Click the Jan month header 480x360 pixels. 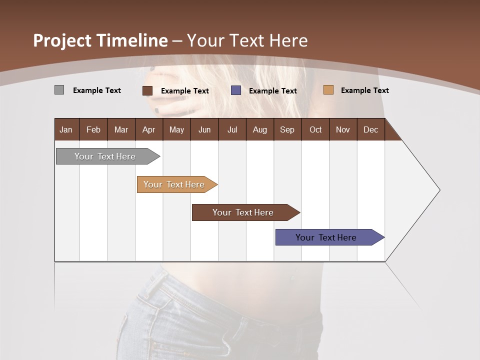click(x=66, y=129)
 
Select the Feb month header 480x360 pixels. click(x=93, y=129)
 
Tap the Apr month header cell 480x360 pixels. click(x=149, y=129)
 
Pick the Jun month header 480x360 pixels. click(x=204, y=129)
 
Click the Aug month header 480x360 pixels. click(x=260, y=129)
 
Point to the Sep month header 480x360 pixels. click(x=287, y=129)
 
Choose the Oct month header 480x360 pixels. click(x=315, y=129)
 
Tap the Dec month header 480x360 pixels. click(x=371, y=129)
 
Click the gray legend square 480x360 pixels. click(x=59, y=90)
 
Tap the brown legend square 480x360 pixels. click(x=147, y=90)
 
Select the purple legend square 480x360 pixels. click(x=236, y=90)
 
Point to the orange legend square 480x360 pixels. click(x=328, y=90)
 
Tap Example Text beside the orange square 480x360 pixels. click(x=364, y=90)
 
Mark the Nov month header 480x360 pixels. click(x=343, y=129)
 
